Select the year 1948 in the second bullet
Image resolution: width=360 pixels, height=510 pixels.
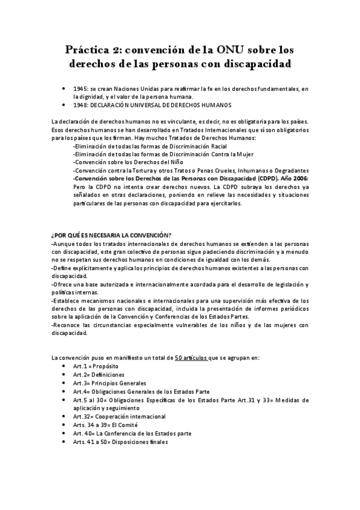[x=81, y=105]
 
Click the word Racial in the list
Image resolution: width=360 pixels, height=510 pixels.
[x=214, y=146]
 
